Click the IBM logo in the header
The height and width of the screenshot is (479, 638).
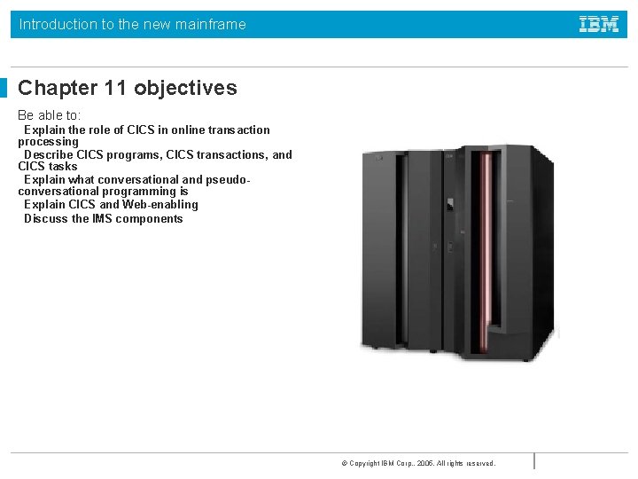point(599,25)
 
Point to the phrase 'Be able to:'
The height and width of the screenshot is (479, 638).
point(49,115)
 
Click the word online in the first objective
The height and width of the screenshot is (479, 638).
point(183,130)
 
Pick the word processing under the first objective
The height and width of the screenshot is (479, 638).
point(48,142)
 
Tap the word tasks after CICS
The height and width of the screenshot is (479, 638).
point(63,167)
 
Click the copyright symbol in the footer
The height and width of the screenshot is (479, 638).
point(344,463)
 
